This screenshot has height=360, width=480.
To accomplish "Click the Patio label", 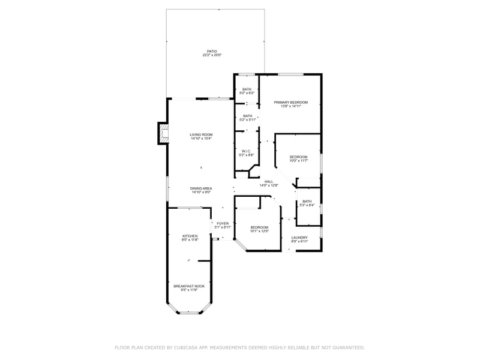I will click(212, 52).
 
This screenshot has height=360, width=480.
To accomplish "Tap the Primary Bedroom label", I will click(290, 103).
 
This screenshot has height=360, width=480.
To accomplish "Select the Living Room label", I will click(201, 134).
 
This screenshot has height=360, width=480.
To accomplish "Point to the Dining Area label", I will click(201, 188).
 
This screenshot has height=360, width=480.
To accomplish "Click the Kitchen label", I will click(190, 236).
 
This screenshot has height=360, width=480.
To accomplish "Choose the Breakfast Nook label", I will click(189, 286).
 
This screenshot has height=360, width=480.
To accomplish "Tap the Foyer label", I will click(223, 223).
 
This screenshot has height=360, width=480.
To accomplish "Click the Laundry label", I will click(299, 238).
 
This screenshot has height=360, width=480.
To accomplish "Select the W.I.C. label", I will click(246, 151).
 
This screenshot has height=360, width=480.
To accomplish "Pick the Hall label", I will click(269, 182).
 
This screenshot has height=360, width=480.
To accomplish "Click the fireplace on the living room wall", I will click(162, 133).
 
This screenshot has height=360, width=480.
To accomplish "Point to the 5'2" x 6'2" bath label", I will click(247, 89).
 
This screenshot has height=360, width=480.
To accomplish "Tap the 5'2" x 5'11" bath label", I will click(248, 116).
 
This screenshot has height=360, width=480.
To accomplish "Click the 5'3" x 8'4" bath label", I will click(307, 202).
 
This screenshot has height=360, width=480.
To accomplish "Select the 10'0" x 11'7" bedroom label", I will click(298, 157).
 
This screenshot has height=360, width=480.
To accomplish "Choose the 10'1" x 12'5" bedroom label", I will click(259, 227).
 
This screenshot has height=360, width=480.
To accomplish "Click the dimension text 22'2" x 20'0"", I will click(212, 56).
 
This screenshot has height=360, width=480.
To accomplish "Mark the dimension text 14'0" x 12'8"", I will click(269, 186).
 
